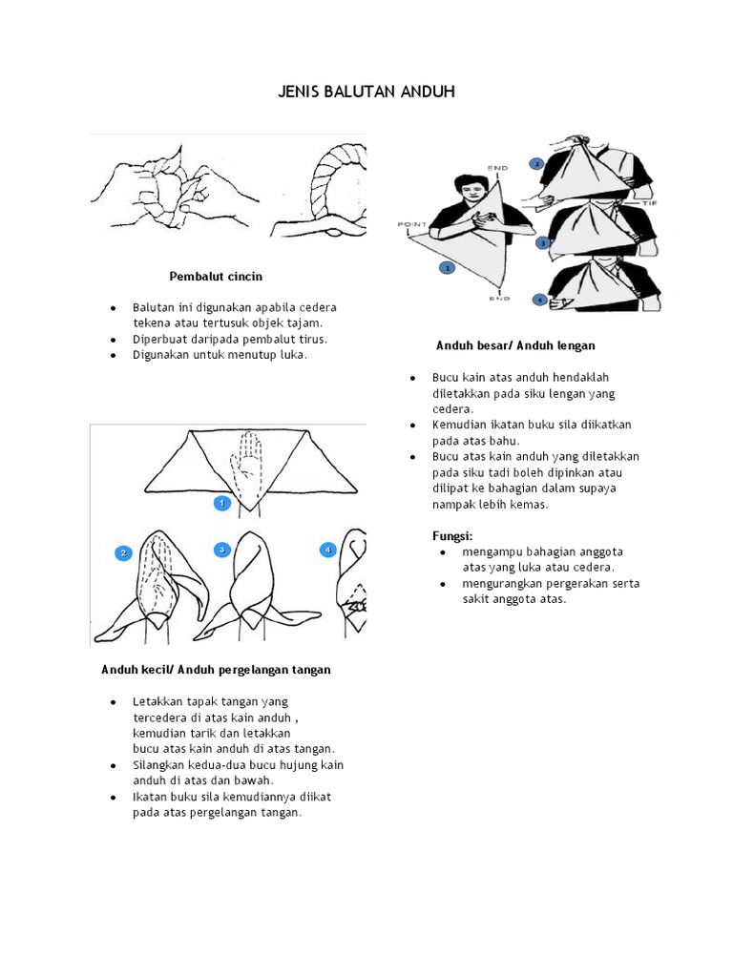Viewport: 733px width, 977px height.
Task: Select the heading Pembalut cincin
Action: [216, 277]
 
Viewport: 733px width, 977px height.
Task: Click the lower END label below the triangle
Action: [499, 298]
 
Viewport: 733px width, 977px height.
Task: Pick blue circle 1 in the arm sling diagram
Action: [445, 269]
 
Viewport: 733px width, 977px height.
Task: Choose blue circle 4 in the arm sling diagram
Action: [539, 300]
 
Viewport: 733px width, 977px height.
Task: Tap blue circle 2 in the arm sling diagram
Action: [536, 163]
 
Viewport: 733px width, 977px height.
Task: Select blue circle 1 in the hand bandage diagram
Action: [220, 502]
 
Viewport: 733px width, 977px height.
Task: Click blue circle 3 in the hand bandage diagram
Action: [220, 550]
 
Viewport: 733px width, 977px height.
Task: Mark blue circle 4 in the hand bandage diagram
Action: [327, 550]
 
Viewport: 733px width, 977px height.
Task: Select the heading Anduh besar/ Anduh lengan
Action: [515, 344]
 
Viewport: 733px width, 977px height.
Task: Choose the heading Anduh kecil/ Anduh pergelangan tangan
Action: [217, 670]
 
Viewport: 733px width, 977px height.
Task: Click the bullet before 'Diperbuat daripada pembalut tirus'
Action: [114, 339]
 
